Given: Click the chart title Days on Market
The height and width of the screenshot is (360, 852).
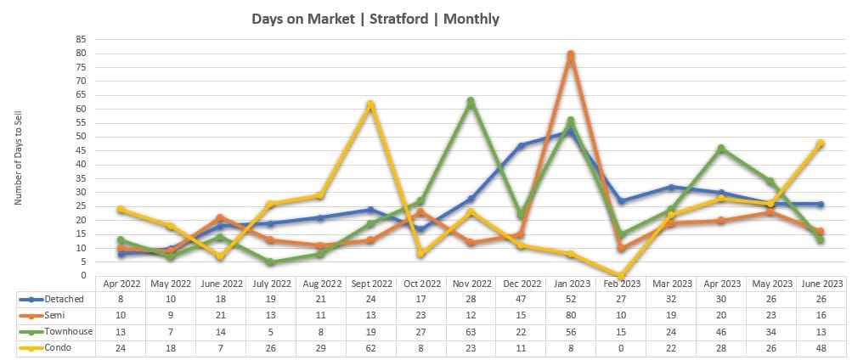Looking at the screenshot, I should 375,18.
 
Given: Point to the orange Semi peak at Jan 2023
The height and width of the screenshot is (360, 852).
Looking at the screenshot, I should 571,53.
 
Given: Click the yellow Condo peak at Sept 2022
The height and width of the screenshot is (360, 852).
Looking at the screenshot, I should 370,104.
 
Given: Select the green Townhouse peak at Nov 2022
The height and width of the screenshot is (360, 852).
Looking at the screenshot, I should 471,101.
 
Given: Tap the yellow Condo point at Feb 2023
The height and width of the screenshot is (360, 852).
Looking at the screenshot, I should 621,276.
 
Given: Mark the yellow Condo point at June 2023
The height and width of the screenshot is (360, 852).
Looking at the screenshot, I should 821,143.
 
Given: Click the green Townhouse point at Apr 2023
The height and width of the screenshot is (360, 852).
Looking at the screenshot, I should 721,149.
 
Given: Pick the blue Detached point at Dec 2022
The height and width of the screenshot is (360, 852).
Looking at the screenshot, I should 521,145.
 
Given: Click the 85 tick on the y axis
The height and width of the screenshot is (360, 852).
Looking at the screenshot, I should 82,39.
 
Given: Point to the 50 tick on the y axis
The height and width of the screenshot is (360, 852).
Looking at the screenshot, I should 82,137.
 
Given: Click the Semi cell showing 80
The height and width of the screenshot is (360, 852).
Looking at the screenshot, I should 571,316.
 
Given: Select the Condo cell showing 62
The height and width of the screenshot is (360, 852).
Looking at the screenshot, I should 370,346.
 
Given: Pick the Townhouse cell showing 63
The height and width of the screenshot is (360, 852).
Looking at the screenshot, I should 471,331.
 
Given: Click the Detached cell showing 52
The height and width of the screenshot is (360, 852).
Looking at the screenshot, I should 571,300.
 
